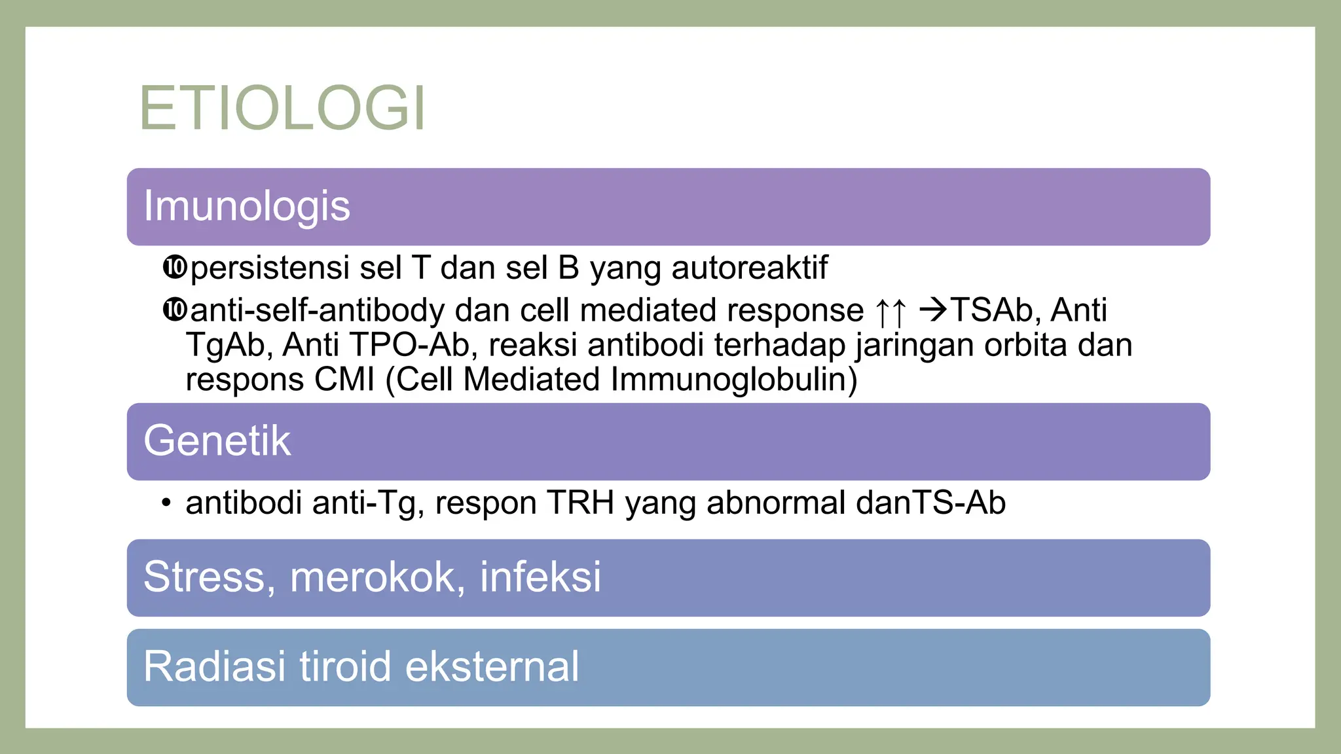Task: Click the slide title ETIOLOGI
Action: click(x=283, y=109)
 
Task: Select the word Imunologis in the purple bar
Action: click(x=247, y=206)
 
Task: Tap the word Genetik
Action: click(x=217, y=440)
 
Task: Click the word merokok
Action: click(x=372, y=577)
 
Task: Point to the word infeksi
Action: click(x=540, y=577)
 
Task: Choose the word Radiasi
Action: click(x=215, y=667)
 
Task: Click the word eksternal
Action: click(x=492, y=667)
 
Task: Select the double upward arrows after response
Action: click(x=891, y=312)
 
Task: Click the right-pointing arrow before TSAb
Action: click(x=934, y=310)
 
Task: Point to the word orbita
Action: click(x=1025, y=345)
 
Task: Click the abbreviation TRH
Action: click(x=580, y=503)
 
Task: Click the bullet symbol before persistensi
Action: click(x=174, y=268)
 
